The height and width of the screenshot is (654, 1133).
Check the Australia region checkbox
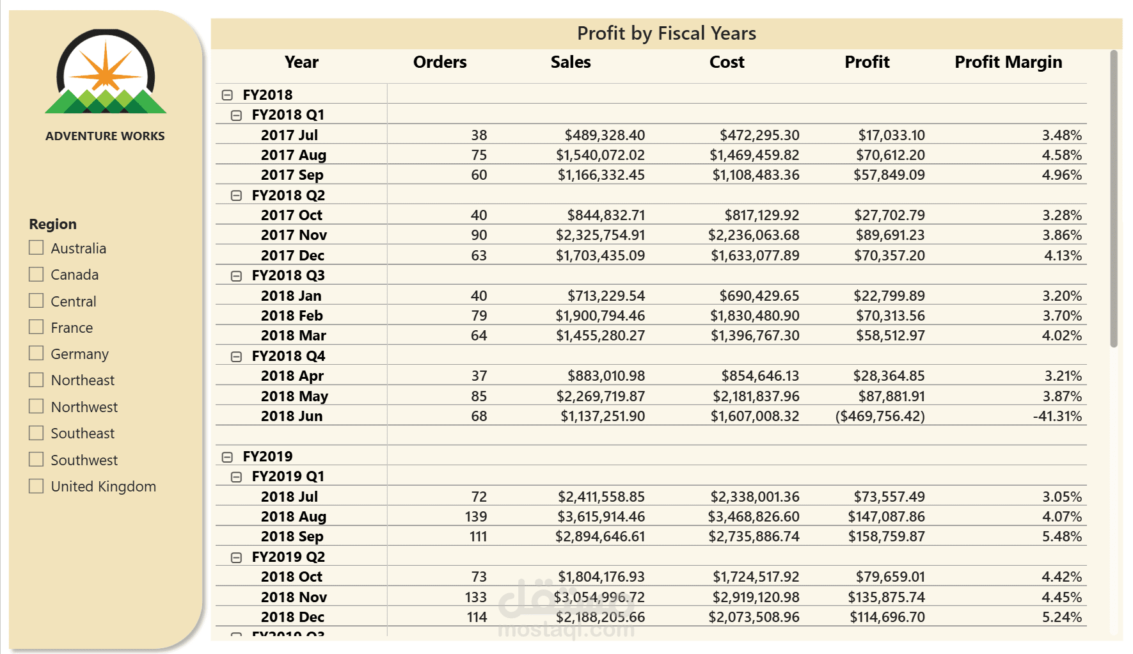tap(36, 248)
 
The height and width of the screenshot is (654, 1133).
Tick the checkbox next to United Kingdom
tap(36, 486)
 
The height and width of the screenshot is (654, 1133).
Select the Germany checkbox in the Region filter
tap(36, 353)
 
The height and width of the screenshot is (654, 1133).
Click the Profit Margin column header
tap(1008, 62)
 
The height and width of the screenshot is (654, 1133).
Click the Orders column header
tap(440, 62)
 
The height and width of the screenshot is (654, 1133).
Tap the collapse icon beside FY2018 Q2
tap(236, 196)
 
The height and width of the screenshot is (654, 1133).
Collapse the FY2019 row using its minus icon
tap(227, 457)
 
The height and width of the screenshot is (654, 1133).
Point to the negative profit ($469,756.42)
tap(880, 416)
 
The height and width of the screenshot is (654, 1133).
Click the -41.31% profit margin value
tap(1057, 416)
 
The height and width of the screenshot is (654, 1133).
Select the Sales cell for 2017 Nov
tap(600, 235)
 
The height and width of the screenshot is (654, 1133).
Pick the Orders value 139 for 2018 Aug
tap(476, 516)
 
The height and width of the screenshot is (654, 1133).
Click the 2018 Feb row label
tap(292, 315)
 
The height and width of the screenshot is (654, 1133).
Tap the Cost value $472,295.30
tap(759, 135)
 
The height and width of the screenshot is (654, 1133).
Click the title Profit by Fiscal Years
tap(667, 33)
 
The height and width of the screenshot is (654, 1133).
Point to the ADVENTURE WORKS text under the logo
tap(105, 136)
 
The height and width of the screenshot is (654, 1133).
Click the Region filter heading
tap(52, 224)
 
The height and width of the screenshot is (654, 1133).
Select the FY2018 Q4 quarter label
tap(288, 356)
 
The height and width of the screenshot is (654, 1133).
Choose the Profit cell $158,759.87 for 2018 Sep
tap(886, 536)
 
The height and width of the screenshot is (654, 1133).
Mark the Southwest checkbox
tap(36, 459)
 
